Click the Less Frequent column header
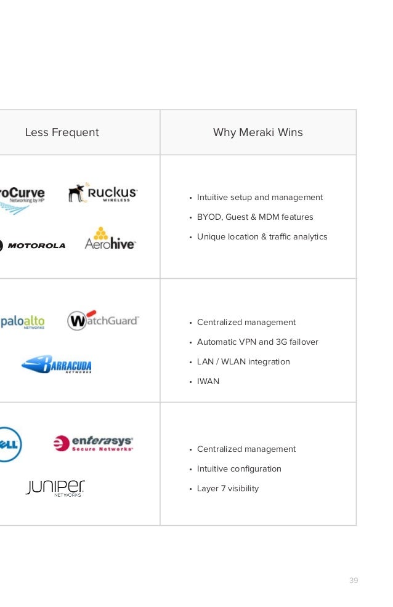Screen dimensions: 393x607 [62, 132]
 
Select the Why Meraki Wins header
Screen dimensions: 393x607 [257, 132]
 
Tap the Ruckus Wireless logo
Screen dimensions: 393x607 [103, 193]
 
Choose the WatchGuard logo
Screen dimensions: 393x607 [103, 320]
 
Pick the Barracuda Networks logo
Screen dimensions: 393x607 [57, 364]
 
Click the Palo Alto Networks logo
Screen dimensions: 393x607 [22, 321]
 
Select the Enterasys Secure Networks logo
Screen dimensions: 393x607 [93, 443]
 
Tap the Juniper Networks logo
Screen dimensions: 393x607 [55, 488]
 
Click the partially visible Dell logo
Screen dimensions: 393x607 [10, 444]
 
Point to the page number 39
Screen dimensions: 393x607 [354, 581]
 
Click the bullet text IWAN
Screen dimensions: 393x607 [208, 381]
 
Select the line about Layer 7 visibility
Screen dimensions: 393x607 [228, 488]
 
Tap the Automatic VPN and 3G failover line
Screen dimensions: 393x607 [257, 342]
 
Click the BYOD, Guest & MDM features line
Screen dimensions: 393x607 [255, 217]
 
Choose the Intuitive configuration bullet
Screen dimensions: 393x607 [239, 468]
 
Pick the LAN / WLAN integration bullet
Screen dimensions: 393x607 [243, 361]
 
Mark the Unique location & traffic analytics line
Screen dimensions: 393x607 [262, 236]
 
